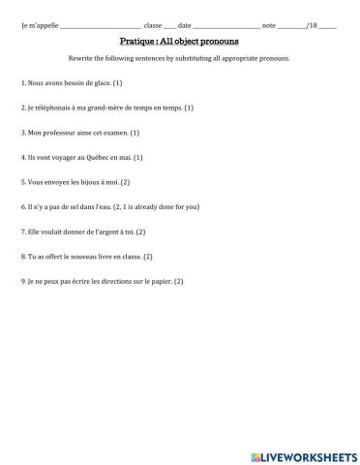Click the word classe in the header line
click(152, 24)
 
